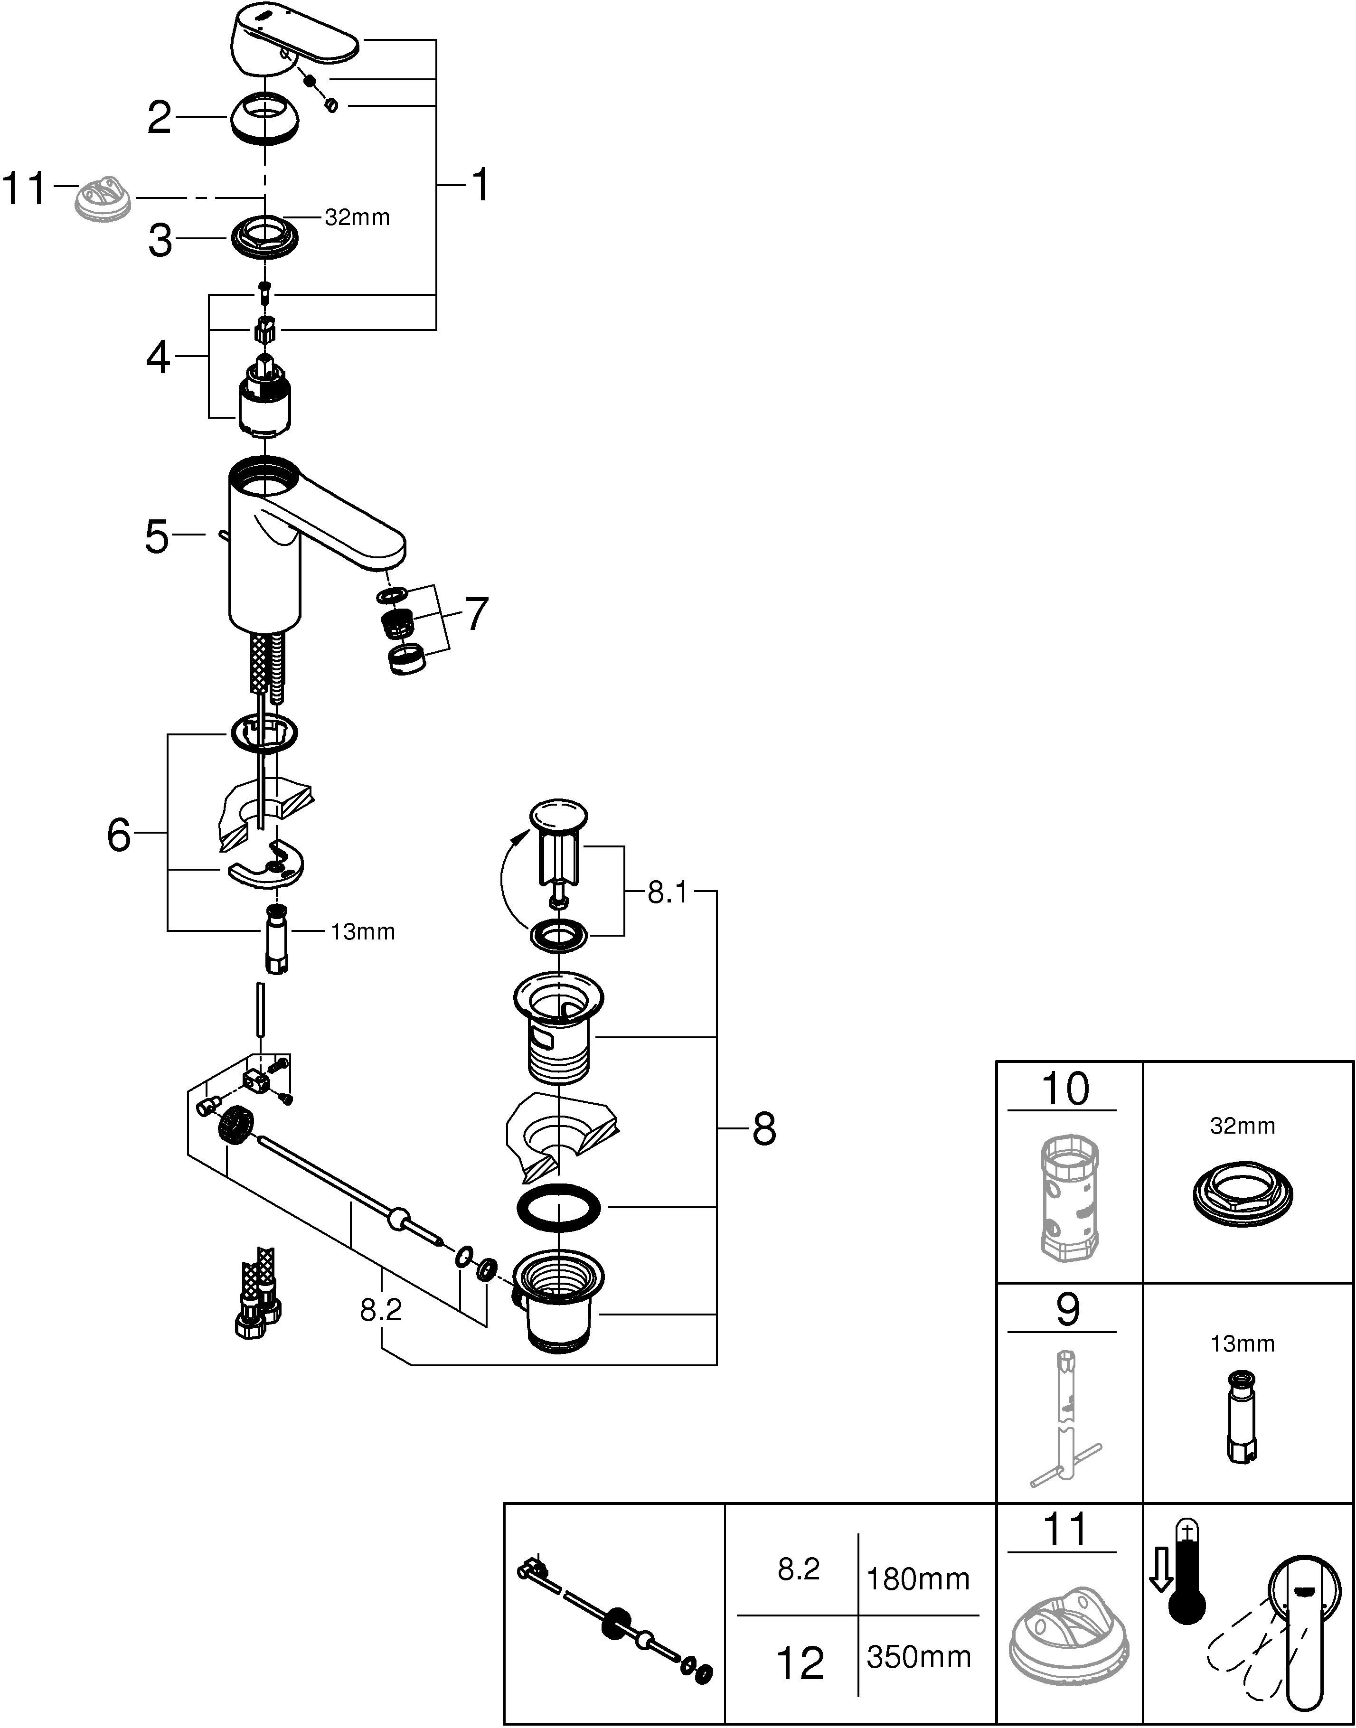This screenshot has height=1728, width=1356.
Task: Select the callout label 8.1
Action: [x=667, y=893]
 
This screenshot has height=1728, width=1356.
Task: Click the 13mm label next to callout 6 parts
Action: [x=363, y=932]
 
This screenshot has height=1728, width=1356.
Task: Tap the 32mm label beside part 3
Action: [x=357, y=217]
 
